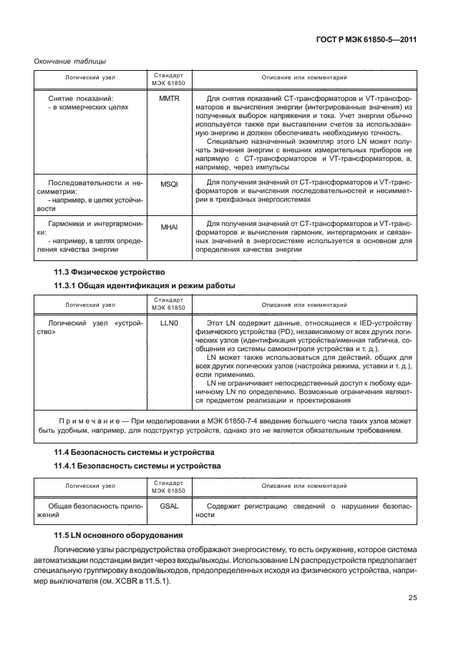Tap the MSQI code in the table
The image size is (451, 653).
pyautogui.click(x=169, y=184)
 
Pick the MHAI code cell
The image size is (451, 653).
pyautogui.click(x=169, y=227)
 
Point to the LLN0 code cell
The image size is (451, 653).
pyautogui.click(x=169, y=324)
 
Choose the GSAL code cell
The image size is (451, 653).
pyautogui.click(x=169, y=507)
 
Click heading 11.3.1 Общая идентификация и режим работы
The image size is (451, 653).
pyautogui.click(x=145, y=286)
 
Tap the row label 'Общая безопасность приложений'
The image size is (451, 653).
pyautogui.click(x=89, y=511)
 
